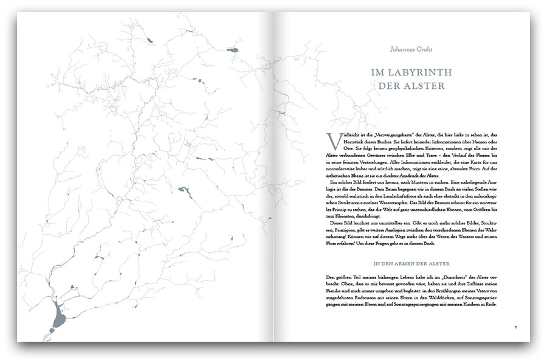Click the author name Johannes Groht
410,44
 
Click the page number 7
515,328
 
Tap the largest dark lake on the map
58,318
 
